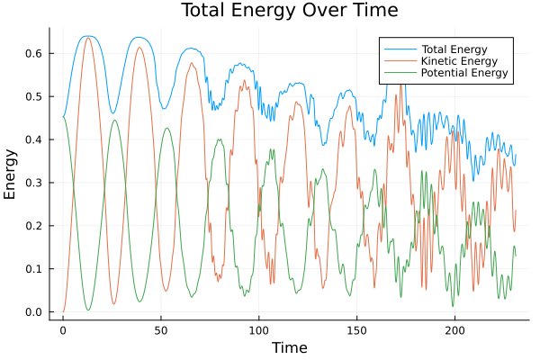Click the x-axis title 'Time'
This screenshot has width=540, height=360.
pyautogui.click(x=290, y=347)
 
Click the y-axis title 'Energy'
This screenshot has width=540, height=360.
pyautogui.click(x=11, y=175)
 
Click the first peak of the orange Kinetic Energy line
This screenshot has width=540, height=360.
pyautogui.click(x=88, y=38)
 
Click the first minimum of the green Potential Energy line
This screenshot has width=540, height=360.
pyautogui.click(x=88, y=310)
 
